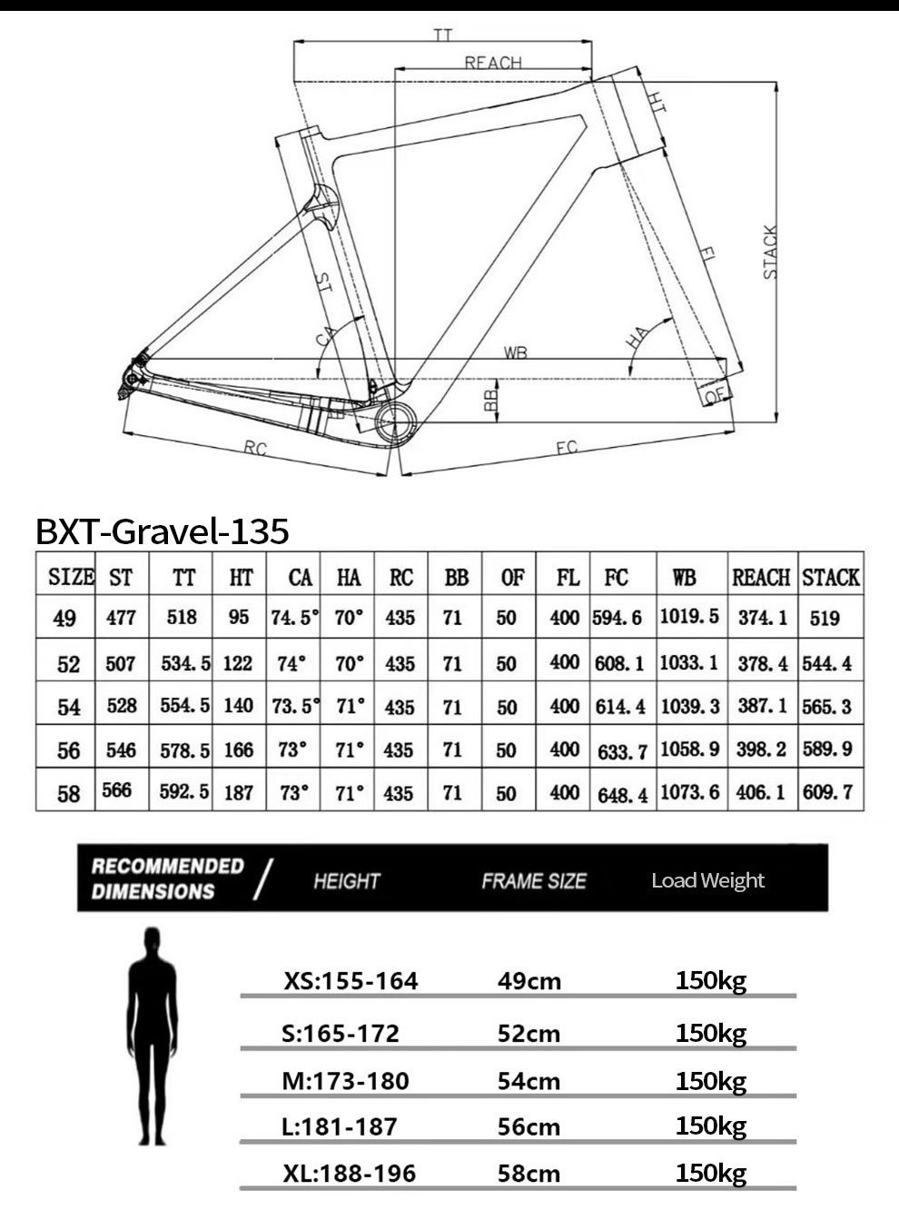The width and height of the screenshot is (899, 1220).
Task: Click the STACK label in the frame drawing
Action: [x=770, y=252]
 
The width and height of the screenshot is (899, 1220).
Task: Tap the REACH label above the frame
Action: [x=493, y=63]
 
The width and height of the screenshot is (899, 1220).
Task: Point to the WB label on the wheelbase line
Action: [x=515, y=352]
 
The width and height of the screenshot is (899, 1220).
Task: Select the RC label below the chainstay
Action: [x=255, y=448]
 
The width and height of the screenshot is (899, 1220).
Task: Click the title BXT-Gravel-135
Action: [x=163, y=531]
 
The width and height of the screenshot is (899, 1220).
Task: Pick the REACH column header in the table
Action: [x=762, y=578]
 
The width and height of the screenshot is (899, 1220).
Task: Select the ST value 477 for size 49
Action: [x=121, y=618]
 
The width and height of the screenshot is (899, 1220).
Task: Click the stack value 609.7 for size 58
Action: [x=827, y=792]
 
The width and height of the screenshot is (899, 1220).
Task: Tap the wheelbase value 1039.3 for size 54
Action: [x=689, y=706]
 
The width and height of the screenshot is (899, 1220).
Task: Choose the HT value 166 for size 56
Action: [x=238, y=750]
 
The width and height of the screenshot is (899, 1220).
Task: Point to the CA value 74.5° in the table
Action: [x=294, y=618]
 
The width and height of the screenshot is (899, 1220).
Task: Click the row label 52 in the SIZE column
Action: [x=68, y=664]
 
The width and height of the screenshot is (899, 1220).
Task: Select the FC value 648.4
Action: [x=622, y=795]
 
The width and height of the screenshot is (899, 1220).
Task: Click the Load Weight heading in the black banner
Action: [x=707, y=879]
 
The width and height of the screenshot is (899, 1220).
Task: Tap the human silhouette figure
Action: [x=152, y=1036]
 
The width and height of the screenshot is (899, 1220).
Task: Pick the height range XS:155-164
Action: [x=351, y=981]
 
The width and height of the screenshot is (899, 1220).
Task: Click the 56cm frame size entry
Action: [x=529, y=1127]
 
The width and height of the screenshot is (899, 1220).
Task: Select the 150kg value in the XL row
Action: [x=710, y=1173]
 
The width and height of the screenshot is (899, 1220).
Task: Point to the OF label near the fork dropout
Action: [x=716, y=395]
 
